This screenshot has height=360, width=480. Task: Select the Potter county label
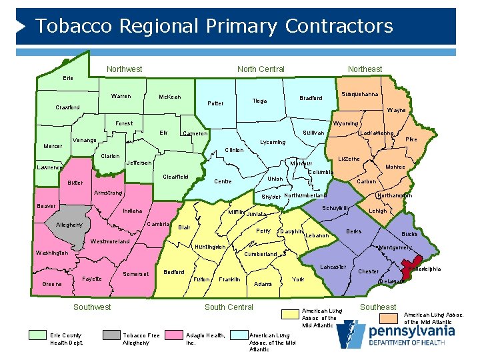215,103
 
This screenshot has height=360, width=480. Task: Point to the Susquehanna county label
360,95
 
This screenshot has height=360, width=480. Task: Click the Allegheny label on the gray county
69,225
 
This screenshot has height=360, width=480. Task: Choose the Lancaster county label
333,267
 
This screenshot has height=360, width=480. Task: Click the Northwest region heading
124,69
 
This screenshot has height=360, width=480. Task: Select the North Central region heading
261,69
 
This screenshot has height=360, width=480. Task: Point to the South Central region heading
229,307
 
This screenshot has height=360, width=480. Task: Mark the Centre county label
222,181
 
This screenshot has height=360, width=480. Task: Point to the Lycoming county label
272,142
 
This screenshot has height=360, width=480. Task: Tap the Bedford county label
174,272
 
